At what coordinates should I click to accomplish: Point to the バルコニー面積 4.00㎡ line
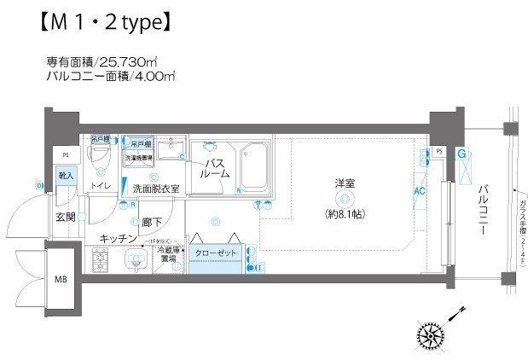pos(110,76)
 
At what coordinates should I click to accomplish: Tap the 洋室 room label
pos(345,183)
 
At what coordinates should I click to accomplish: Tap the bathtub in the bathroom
pos(253,167)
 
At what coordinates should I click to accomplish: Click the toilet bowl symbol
pos(100,158)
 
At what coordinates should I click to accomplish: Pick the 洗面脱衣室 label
pos(154,189)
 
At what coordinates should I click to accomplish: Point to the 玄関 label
pos(67,218)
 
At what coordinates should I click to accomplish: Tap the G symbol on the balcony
pos(461,155)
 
